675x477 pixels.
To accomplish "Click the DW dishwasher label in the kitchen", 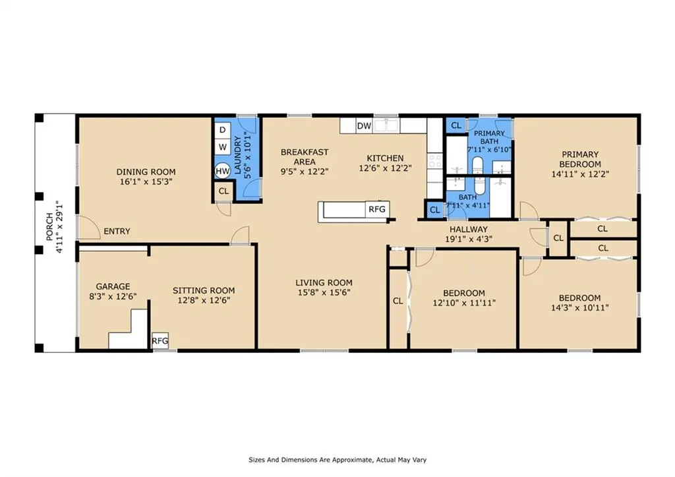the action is (x=364, y=126).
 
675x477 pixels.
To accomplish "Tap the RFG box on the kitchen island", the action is (x=377, y=209).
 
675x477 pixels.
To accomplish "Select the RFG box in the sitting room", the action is (x=160, y=341).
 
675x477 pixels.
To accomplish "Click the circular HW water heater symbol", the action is (x=223, y=171).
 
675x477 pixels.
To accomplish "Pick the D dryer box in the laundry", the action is (x=223, y=130).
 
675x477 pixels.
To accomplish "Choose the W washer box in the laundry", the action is (x=223, y=147).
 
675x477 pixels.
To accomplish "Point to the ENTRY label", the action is (x=117, y=232).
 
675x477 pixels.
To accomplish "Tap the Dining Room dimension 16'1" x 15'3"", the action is (x=146, y=182).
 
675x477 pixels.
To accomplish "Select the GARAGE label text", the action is (x=113, y=286).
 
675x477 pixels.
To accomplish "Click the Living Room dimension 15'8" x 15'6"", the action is (x=324, y=292).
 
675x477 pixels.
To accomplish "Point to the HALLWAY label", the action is (x=469, y=229).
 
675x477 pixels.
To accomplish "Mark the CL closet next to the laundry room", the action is (x=223, y=191).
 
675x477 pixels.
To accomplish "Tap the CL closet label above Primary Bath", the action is (x=456, y=125).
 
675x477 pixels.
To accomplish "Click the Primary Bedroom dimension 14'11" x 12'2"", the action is (x=580, y=175).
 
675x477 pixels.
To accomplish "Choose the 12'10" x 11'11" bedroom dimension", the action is (x=464, y=303).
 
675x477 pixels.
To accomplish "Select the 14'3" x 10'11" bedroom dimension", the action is (x=579, y=307).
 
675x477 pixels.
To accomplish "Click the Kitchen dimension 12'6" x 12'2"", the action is (x=385, y=168).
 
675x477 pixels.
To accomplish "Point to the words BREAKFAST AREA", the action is (x=305, y=157).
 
